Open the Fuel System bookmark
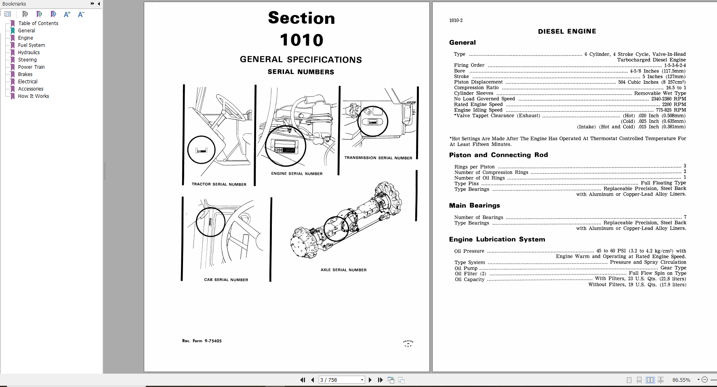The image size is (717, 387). coord(32,45)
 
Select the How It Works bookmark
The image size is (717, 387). coord(34,96)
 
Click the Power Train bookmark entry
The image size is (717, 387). coord(32,67)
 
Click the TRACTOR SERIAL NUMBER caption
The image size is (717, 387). coord(219,184)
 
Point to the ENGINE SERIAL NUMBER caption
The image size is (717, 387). coord(297,174)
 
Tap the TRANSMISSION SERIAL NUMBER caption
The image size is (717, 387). coord(378,158)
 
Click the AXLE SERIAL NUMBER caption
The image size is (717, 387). coord(344,270)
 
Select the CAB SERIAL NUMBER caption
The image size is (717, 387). coord(226,280)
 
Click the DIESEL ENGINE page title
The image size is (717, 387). coord(567,32)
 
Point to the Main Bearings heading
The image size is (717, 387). coord(474,205)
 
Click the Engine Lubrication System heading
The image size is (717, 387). coord(497,239)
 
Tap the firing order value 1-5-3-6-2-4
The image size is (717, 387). coord(675,66)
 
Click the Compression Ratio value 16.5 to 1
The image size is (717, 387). coord(676,88)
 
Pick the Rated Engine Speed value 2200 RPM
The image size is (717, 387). coord(674,104)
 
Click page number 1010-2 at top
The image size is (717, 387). coord(456,21)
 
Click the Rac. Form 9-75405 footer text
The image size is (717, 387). coord(202,341)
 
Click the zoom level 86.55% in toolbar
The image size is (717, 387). coord(681,380)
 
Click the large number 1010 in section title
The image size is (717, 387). coord(301,40)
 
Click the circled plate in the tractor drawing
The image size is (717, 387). coord(201,150)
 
